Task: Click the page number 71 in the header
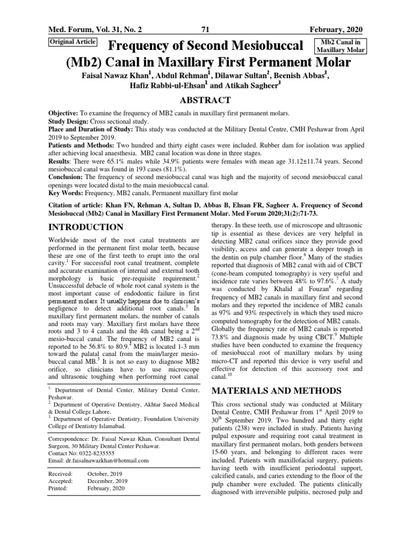(205, 29)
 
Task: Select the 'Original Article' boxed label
(72, 41)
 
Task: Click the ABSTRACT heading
(205, 100)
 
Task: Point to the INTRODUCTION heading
(86, 227)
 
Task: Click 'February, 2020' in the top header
(339, 29)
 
